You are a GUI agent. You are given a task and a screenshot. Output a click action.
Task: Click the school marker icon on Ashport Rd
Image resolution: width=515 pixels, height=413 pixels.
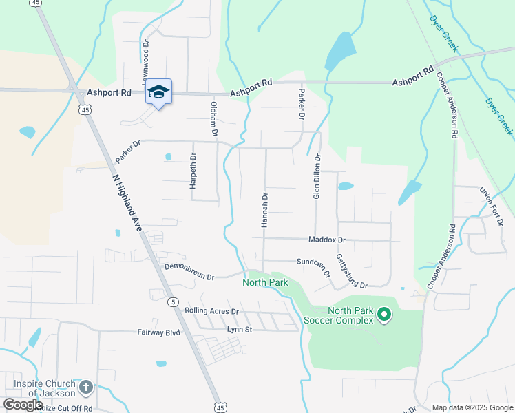[158, 92]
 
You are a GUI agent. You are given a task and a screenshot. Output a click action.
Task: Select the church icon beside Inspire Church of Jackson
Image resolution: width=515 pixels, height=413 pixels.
[85, 388]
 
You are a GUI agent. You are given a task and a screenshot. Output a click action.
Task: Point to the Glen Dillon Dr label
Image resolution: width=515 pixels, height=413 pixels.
[317, 177]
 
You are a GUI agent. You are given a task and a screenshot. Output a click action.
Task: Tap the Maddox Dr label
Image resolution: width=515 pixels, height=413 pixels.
[326, 240]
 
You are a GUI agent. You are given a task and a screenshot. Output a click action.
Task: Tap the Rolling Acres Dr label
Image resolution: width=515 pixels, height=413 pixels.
[211, 311]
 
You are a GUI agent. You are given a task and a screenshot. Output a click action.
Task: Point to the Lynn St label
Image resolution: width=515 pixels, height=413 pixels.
[240, 330]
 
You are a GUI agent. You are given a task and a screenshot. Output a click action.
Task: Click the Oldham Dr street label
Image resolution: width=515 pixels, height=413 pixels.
[213, 118]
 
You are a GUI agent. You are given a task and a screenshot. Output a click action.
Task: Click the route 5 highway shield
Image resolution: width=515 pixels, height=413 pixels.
[174, 301]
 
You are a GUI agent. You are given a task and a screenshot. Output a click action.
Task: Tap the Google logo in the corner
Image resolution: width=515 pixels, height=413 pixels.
[23, 405]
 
